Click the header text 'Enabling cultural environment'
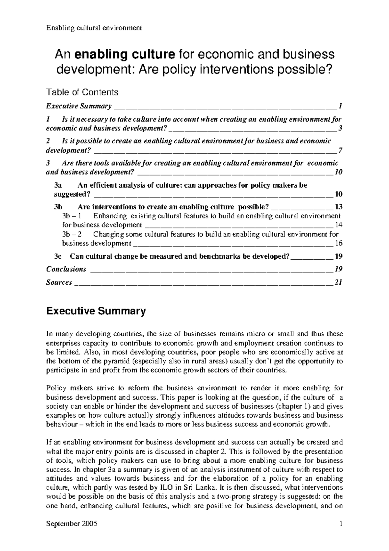(94, 28)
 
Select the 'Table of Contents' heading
(82, 92)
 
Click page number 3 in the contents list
(340, 128)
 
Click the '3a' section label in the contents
(58, 185)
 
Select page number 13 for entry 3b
(339, 207)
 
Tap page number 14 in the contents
(339, 225)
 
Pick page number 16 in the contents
(339, 243)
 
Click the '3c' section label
(58, 256)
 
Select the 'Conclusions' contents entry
(66, 269)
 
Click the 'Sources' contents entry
(59, 282)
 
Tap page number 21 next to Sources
(339, 282)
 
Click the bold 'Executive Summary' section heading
(96, 311)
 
